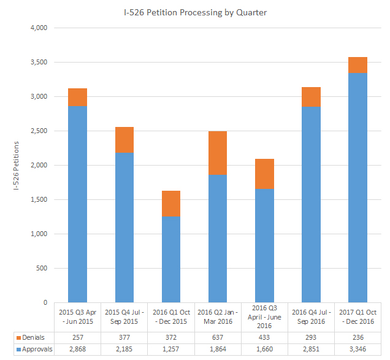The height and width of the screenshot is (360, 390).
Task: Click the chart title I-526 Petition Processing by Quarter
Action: (x=194, y=12)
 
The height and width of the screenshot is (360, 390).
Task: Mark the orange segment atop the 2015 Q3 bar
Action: (x=78, y=98)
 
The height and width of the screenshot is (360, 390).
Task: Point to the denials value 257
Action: (x=78, y=337)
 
